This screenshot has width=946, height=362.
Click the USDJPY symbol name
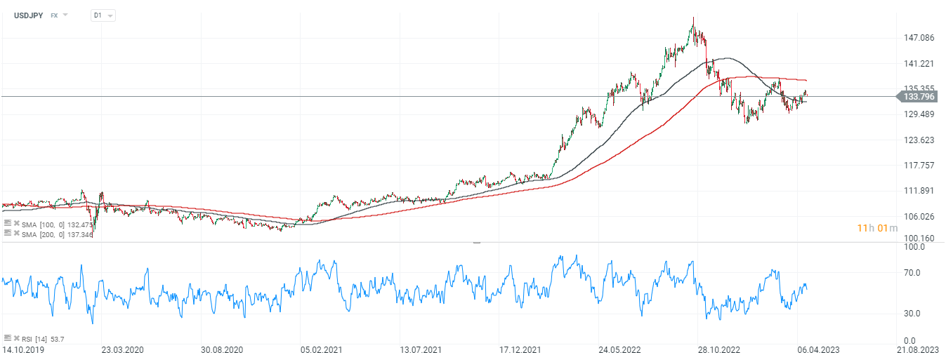[29, 15]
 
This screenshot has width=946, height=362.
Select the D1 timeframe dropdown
[103, 15]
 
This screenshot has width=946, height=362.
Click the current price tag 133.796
[922, 97]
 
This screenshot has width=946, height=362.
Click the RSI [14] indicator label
[34, 339]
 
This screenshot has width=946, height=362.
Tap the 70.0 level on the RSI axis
[913, 272]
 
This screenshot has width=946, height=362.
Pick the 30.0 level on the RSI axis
[913, 314]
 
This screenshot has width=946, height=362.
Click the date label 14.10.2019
[22, 349]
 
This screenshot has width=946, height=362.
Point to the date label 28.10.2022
[718, 349]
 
